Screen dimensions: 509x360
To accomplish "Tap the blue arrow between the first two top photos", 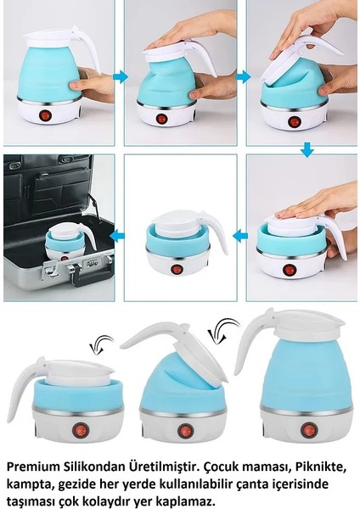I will pos(120,76).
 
